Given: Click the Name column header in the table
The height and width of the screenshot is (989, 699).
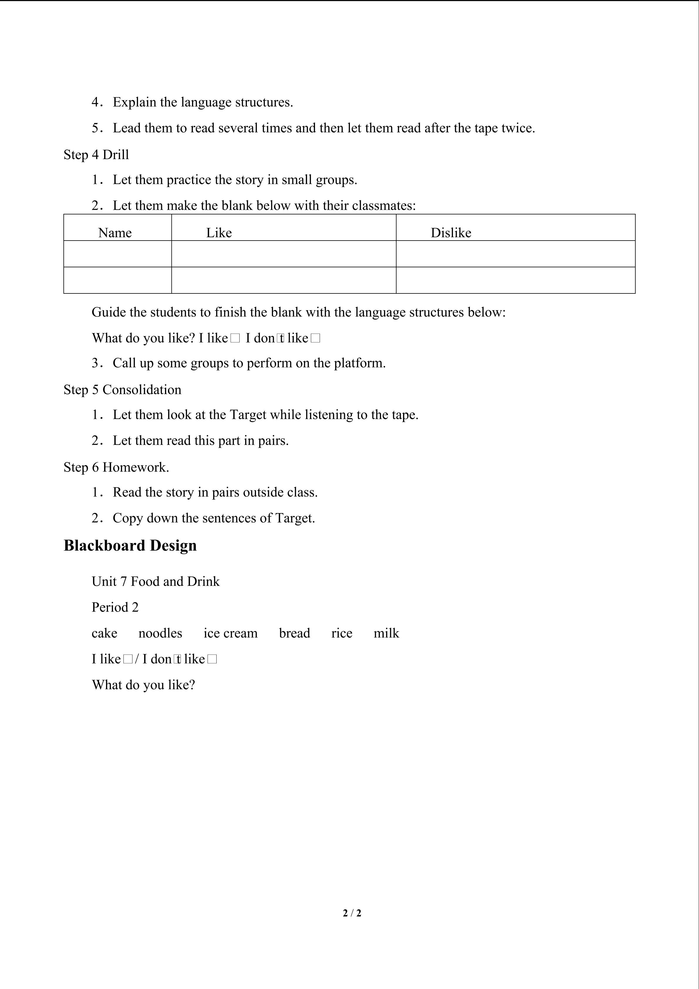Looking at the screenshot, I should coord(115,233).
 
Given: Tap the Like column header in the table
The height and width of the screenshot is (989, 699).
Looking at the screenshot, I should coord(219,233).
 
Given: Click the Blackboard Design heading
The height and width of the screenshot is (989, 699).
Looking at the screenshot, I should coord(130,545).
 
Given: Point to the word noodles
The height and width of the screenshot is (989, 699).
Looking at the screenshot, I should coord(160,633).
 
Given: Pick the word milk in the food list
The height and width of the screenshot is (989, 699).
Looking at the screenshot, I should coord(386,633).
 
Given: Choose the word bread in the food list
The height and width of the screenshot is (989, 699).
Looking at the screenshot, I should coord(294,633).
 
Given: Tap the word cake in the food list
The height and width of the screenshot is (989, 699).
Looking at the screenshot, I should coord(104,633).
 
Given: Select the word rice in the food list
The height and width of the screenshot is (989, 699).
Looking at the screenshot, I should coord(342,633).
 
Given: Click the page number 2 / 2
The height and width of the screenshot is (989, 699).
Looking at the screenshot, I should coord(352,913).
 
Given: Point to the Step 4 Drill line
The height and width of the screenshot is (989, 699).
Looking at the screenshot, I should coord(96,155).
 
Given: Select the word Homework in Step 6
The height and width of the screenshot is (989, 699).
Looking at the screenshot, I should coord(135,467).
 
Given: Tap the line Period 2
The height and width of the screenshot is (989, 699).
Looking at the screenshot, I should coord(115,607).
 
